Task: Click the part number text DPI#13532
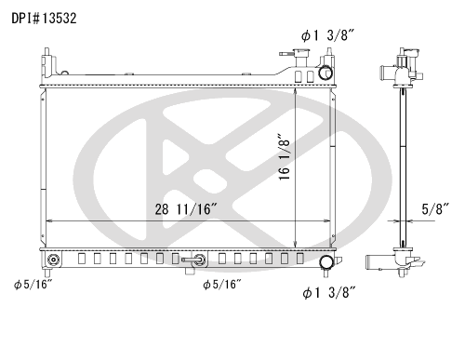44,19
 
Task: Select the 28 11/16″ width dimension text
186,209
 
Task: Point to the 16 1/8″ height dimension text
284,157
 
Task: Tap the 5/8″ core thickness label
435,209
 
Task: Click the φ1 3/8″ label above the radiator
327,35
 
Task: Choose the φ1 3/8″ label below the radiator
328,292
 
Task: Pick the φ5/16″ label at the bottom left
33,285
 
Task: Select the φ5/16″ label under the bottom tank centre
222,285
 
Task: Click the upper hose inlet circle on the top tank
325,73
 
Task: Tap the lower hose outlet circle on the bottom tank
326,262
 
